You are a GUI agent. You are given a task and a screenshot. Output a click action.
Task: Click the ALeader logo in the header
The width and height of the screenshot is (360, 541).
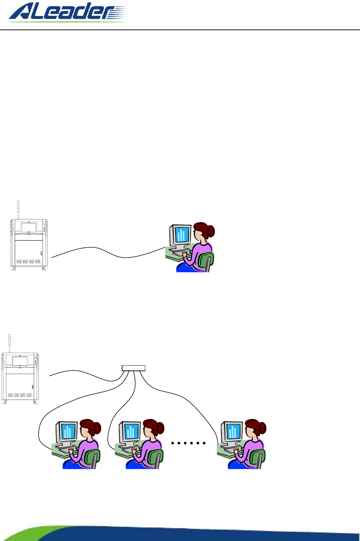(67, 12)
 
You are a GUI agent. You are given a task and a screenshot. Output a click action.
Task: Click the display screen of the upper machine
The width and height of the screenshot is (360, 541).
(29, 227)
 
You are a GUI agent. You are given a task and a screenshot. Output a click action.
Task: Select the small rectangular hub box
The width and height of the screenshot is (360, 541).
(133, 368)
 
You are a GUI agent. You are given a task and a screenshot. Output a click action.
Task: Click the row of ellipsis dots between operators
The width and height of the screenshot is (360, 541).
(188, 443)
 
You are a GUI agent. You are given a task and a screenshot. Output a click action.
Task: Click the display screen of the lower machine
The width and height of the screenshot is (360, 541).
(20, 361)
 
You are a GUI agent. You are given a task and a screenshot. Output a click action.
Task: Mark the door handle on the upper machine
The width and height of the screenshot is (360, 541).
(41, 253)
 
